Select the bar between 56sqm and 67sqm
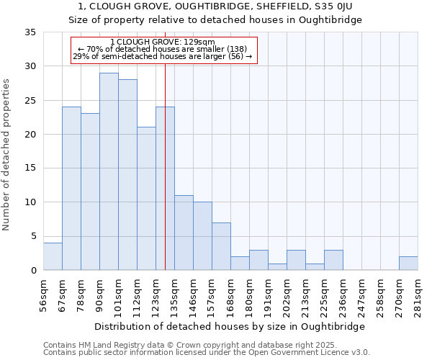(53, 256)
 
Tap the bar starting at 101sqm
(127, 175)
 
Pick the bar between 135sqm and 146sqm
(184, 233)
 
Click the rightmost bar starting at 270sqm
(408, 263)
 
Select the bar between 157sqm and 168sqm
(221, 246)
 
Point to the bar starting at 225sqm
(333, 260)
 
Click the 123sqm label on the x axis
(156, 295)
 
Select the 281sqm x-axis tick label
(418, 295)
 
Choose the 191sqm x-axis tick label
(269, 295)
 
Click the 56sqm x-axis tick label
(44, 295)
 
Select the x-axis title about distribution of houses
(230, 326)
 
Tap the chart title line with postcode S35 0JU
(215, 6)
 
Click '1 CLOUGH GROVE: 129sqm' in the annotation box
(163, 42)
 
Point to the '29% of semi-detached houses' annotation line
(163, 56)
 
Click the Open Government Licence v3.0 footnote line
(207, 353)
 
